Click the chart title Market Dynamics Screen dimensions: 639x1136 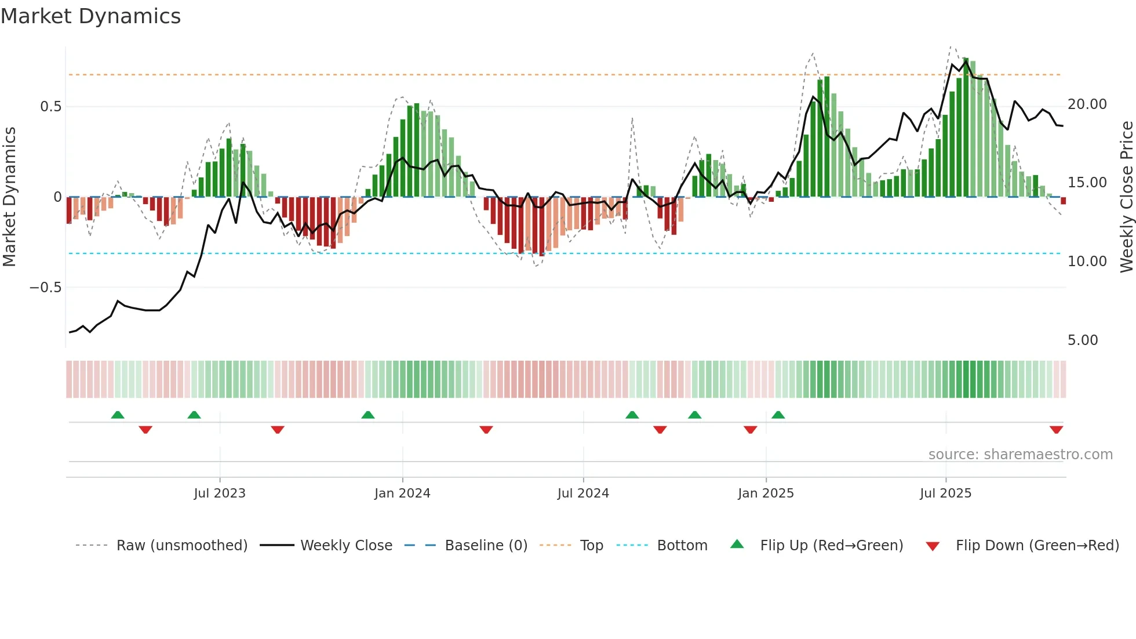point(90,16)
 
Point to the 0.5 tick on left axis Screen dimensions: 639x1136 point(50,107)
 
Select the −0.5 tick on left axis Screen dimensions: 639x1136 point(45,288)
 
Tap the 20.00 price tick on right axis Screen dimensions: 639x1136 point(1087,104)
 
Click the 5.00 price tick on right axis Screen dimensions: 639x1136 point(1082,340)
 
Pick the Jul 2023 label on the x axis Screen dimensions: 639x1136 point(220,493)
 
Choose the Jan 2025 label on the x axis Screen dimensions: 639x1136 point(766,493)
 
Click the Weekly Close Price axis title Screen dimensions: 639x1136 point(1126,197)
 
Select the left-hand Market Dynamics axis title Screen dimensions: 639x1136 point(9,197)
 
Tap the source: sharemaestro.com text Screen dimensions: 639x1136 point(1020,455)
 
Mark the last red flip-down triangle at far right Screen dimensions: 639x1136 point(1056,430)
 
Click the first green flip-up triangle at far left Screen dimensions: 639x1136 point(118,415)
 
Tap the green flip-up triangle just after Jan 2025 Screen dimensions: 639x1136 point(778,415)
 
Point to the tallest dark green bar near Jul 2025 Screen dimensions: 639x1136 point(966,128)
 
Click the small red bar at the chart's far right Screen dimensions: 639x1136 point(1064,201)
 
